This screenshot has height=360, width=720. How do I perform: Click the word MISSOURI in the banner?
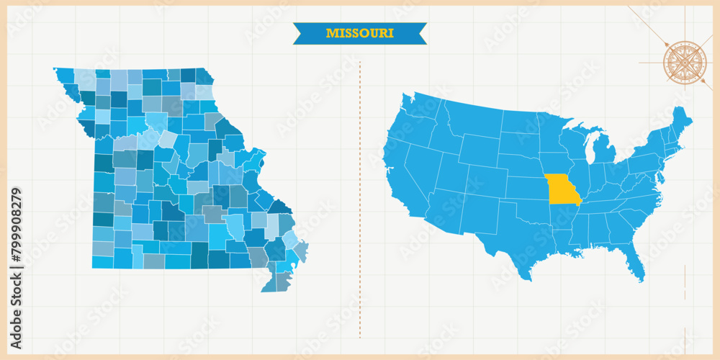359,33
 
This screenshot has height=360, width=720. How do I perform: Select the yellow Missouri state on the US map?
562,189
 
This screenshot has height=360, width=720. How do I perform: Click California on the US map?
400,180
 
